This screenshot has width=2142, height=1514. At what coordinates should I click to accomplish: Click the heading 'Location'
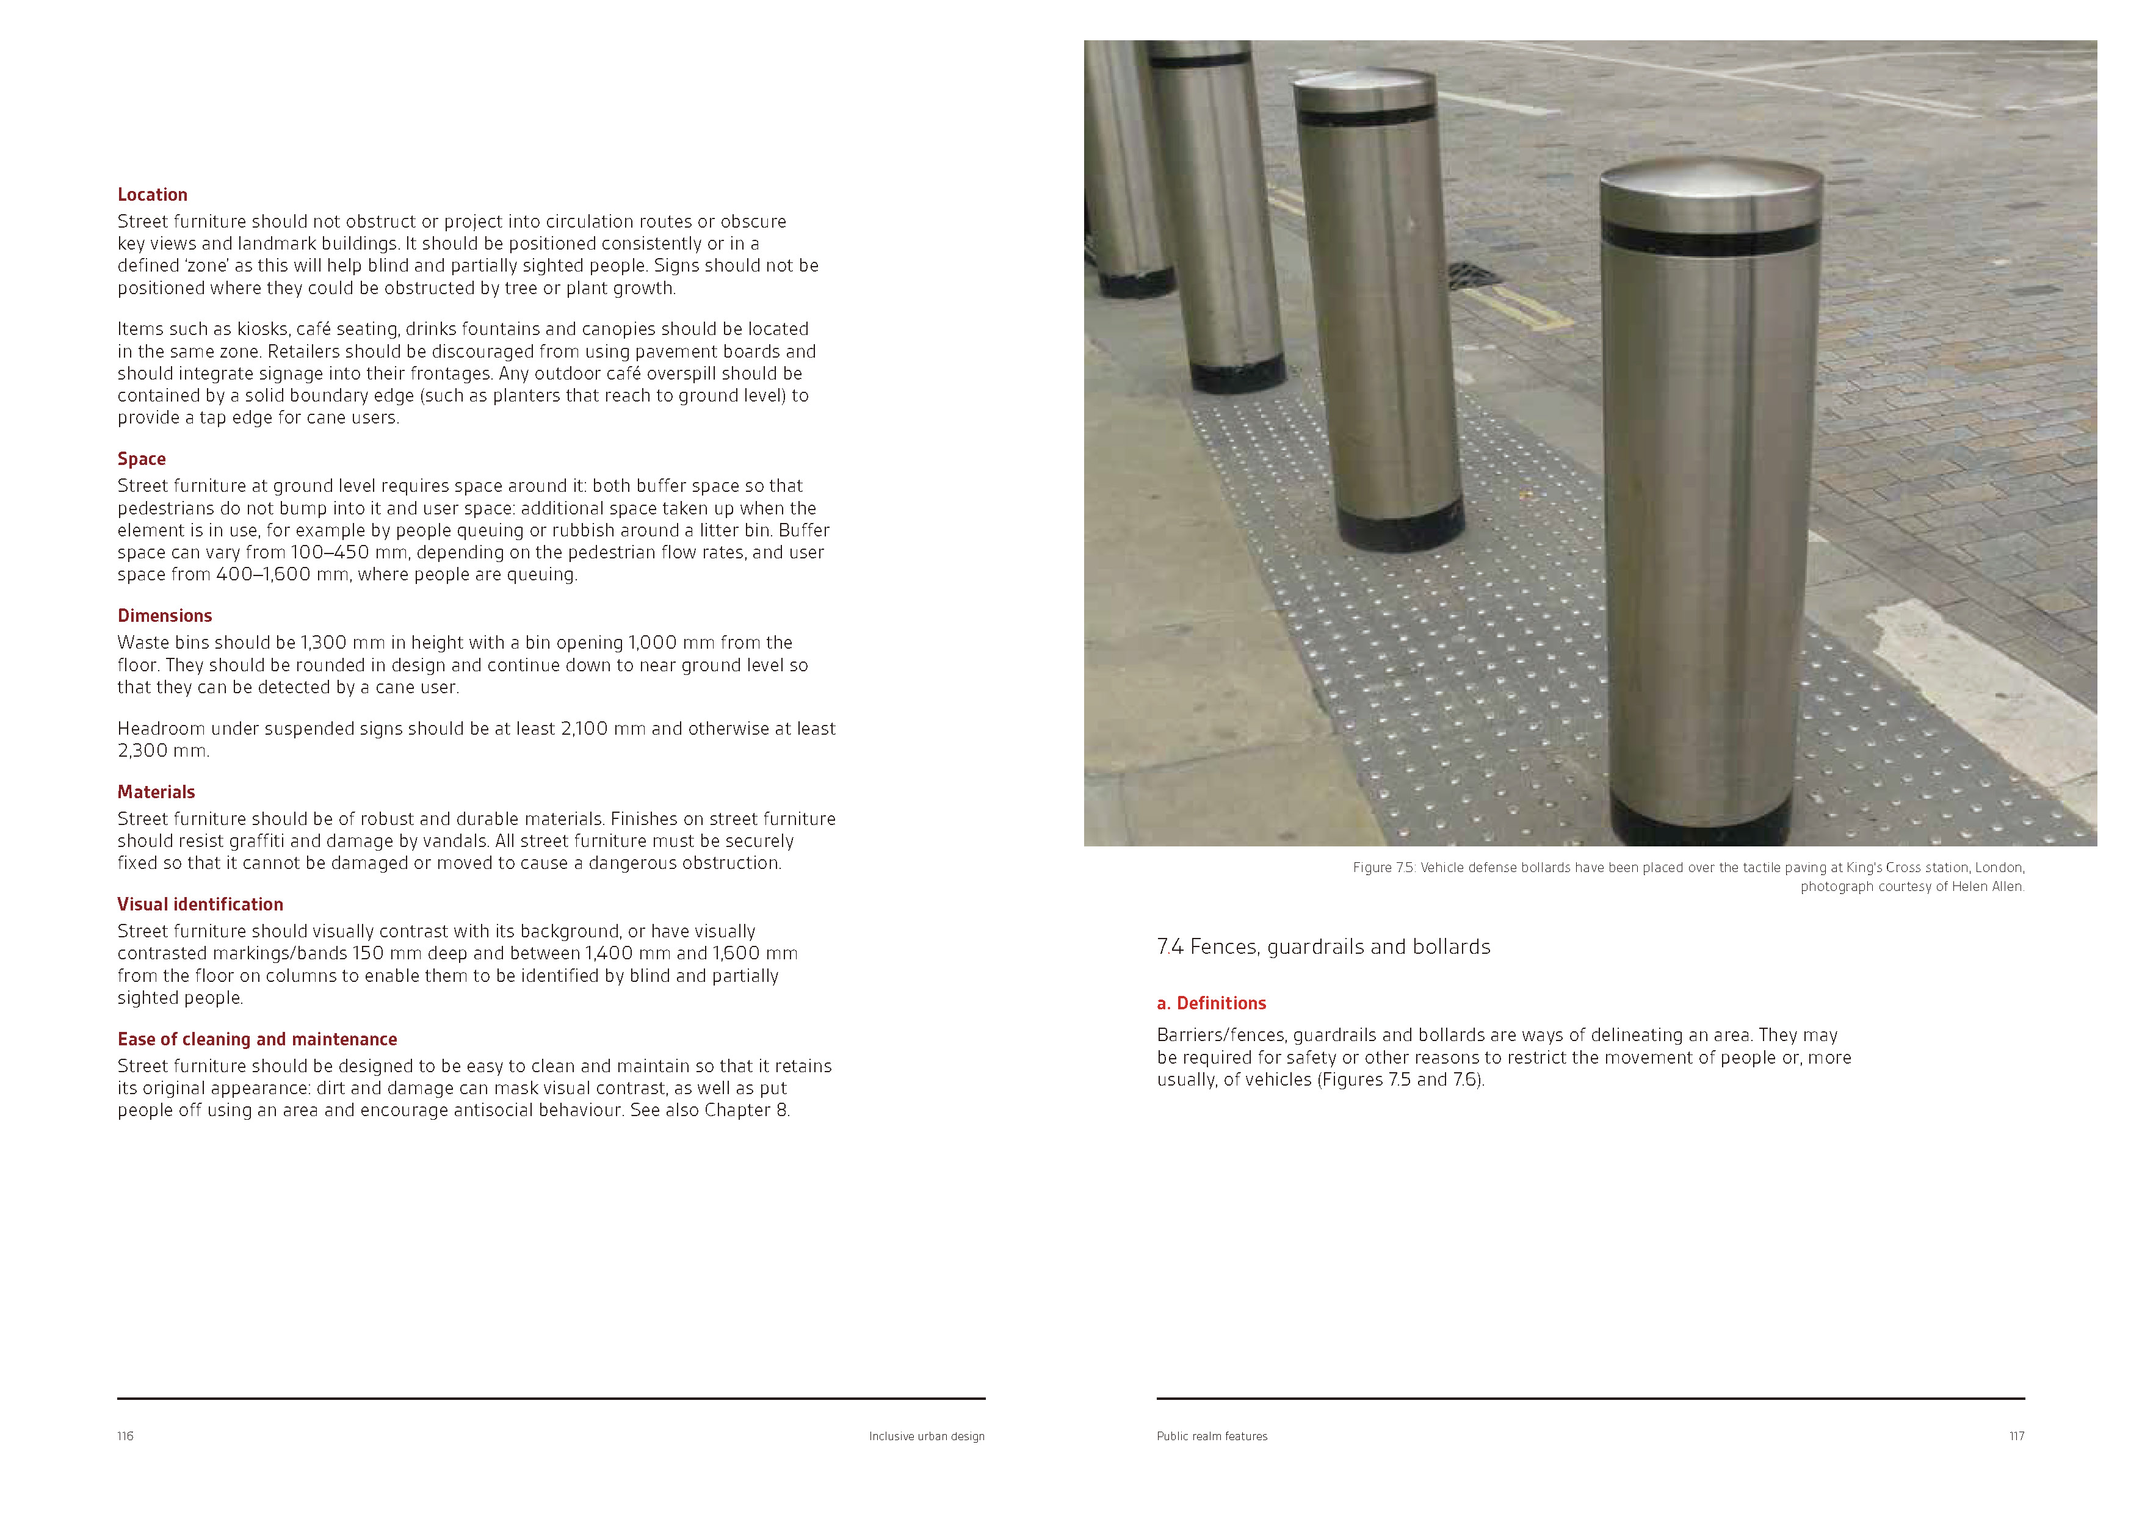[x=152, y=194]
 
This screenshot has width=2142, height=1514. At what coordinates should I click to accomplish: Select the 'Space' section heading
[x=141, y=458]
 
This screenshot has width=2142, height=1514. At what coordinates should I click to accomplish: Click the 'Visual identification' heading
[x=200, y=903]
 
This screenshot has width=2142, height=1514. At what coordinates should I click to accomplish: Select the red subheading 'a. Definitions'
[x=1211, y=1003]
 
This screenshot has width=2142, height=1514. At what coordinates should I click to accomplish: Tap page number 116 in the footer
[x=125, y=1436]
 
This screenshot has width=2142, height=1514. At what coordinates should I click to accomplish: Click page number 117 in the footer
[x=2016, y=1436]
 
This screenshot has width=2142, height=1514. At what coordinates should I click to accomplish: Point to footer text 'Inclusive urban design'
[x=927, y=1436]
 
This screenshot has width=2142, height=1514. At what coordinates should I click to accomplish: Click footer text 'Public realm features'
[x=1212, y=1436]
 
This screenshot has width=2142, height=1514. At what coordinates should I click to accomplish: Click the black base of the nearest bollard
[x=1701, y=821]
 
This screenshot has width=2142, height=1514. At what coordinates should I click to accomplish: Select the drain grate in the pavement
[x=1473, y=274]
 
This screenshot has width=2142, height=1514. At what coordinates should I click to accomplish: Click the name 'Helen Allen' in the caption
[x=1987, y=886]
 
